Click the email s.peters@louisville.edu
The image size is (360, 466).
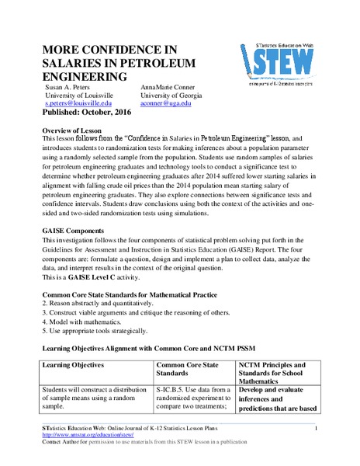pos(78,103)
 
